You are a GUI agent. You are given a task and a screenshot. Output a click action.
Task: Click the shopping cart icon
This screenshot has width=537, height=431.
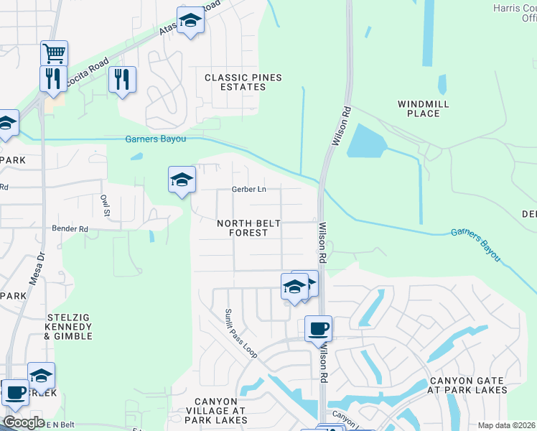(55, 52)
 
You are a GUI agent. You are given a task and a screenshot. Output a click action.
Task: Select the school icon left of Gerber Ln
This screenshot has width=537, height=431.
(182, 179)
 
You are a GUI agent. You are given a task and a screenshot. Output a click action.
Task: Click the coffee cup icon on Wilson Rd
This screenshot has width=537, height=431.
(318, 329)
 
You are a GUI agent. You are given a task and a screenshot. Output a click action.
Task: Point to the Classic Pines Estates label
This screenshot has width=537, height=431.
(234, 82)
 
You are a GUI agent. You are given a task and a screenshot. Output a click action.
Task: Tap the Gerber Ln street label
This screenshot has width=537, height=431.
(248, 190)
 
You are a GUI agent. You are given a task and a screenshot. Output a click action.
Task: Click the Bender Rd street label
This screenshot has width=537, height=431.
(70, 229)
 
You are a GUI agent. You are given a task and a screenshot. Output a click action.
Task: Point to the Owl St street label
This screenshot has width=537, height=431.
(105, 205)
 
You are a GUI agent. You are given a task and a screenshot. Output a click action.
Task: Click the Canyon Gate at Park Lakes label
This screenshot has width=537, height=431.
(468, 386)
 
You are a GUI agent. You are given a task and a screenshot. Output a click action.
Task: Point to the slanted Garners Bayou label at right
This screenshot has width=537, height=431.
(476, 246)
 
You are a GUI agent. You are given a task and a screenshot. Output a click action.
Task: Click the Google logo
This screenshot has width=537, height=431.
(23, 422)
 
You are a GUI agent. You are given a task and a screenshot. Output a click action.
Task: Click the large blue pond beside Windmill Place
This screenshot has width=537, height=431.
(365, 142)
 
